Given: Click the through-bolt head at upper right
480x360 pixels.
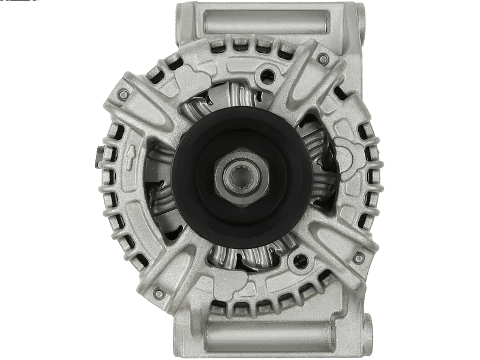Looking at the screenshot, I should [323, 59].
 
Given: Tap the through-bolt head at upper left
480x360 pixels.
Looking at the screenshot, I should [124, 95].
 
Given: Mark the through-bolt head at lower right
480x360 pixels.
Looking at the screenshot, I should [358, 258].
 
